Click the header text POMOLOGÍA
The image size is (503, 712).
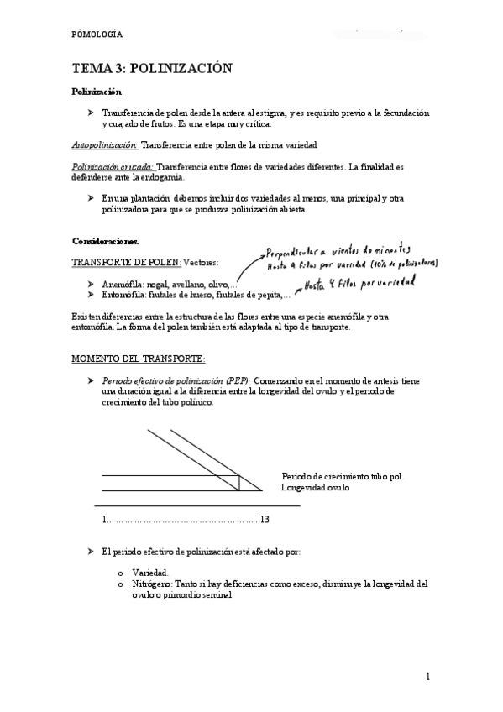[97, 34]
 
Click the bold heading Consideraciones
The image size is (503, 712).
[105, 241]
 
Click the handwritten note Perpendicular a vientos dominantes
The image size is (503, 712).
[338, 251]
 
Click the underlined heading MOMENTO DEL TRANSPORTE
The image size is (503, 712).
[138, 359]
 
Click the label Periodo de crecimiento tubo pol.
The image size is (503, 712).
[342, 476]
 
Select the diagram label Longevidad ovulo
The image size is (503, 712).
[315, 487]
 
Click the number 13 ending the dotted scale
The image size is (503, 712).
[265, 520]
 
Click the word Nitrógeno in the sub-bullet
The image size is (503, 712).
[152, 583]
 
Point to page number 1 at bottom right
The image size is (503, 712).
[427, 676]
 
